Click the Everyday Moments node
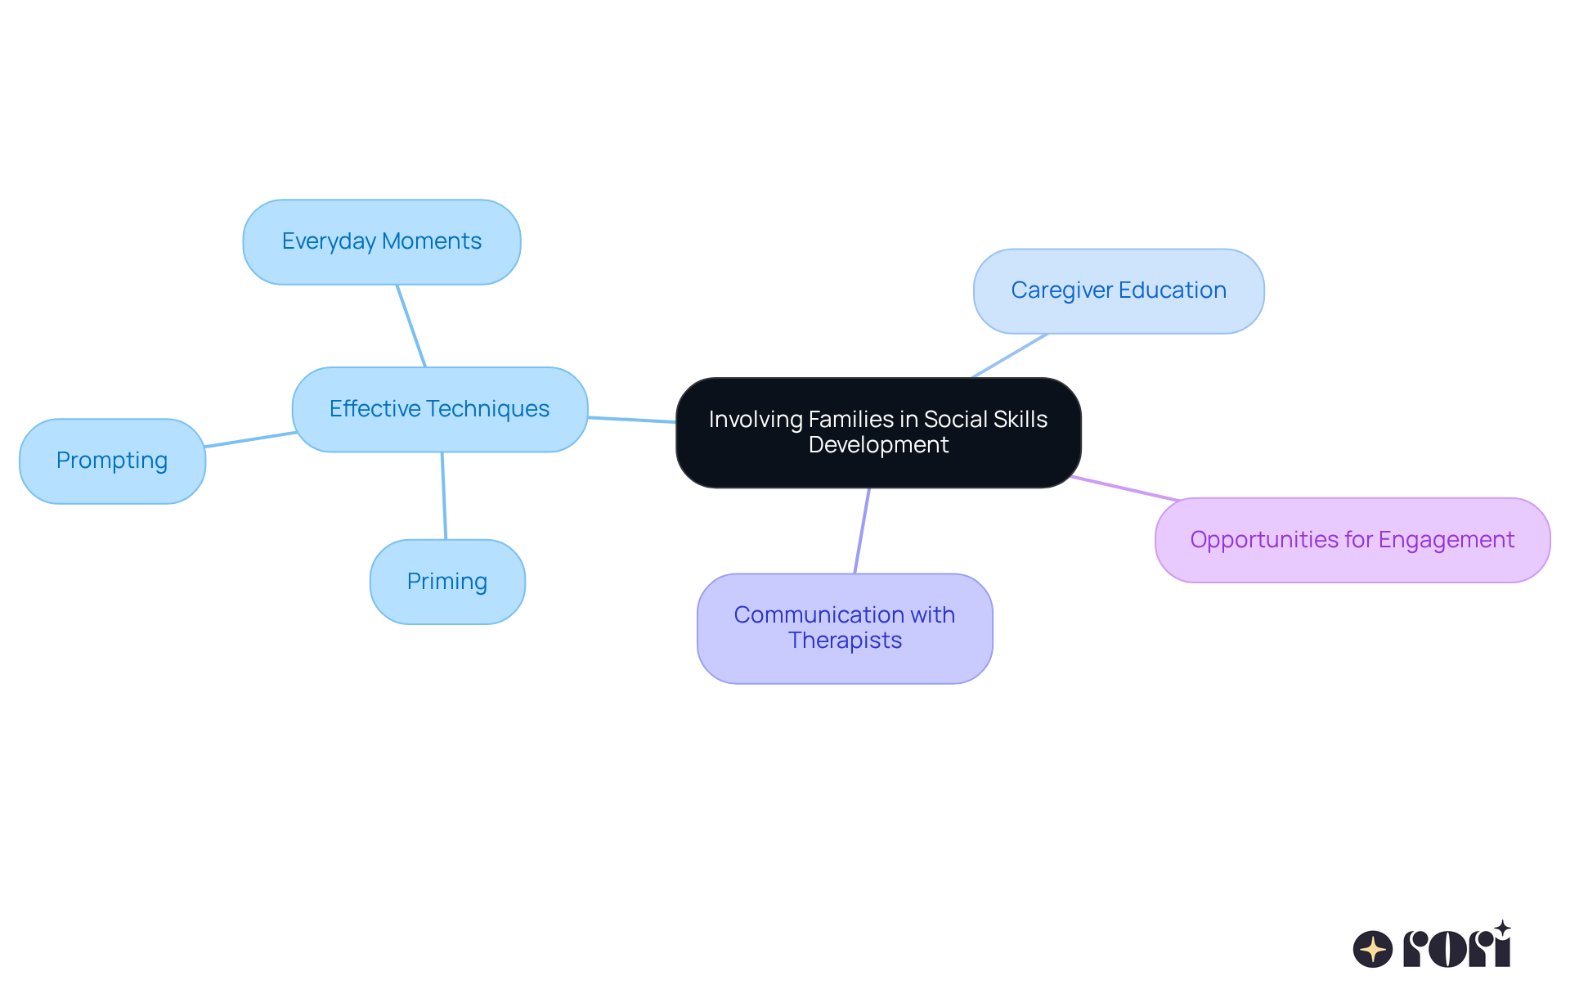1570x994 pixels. [381, 242]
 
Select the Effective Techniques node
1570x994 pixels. [439, 409]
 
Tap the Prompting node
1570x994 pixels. [112, 461]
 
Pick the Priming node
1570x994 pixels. [446, 582]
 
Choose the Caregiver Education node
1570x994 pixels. [1118, 291]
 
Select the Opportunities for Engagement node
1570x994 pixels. [1352, 540]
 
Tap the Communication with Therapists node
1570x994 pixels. [844, 627]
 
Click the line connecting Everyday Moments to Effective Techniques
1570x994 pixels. [411, 326]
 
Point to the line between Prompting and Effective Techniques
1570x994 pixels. [249, 439]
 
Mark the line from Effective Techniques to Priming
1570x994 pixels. [444, 496]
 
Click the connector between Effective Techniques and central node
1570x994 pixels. [631, 420]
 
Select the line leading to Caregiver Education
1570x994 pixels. [1009, 356]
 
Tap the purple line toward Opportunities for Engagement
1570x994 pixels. [1125, 488]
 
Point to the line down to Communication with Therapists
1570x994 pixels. [862, 530]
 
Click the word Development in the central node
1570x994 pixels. [878, 445]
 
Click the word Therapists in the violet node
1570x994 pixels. [845, 641]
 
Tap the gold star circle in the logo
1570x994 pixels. [1372, 949]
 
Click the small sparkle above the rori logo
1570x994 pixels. [1502, 929]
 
